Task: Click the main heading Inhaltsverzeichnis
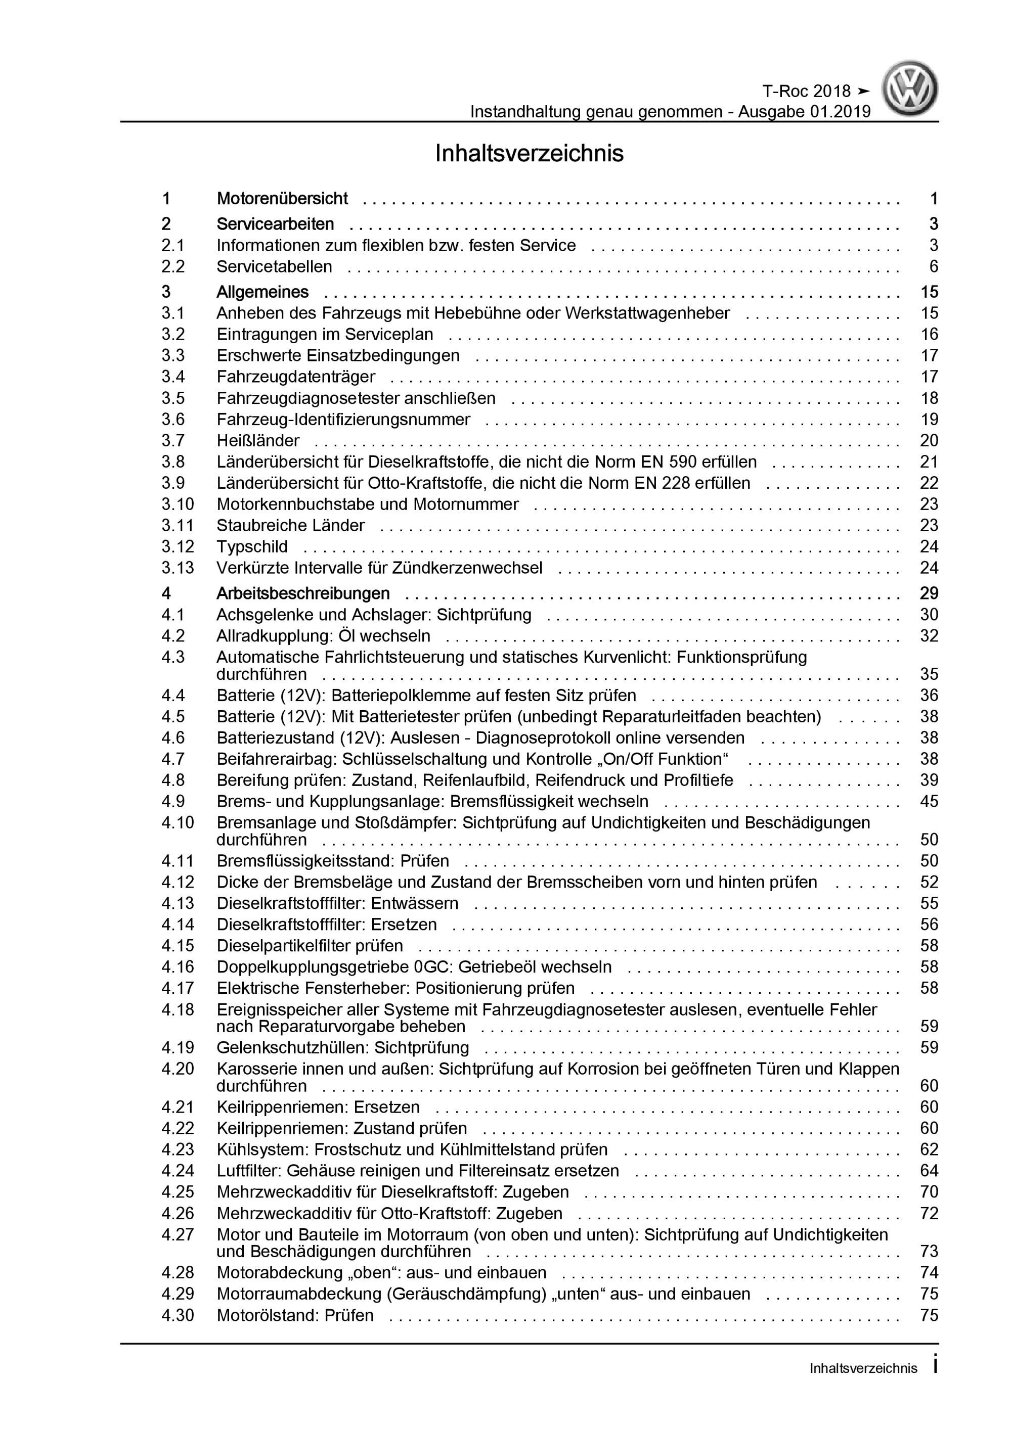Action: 529,153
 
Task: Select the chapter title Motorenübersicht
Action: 282,199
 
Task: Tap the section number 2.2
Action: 173,266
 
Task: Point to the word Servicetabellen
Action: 274,266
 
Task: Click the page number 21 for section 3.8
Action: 929,462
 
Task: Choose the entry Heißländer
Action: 258,441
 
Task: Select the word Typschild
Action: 252,547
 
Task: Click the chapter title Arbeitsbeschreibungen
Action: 303,593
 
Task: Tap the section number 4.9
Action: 173,802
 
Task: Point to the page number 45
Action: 929,802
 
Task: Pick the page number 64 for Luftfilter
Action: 929,1171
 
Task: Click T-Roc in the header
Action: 785,91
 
